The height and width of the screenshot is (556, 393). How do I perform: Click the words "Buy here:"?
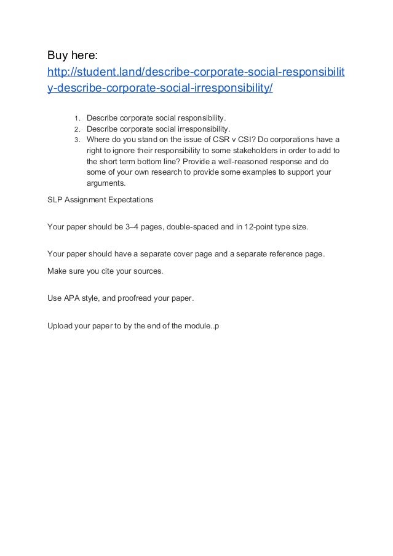pyautogui.click(x=73, y=57)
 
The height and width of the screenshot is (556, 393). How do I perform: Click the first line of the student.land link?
pyautogui.click(x=196, y=74)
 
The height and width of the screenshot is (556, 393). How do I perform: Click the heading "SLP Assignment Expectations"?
pyautogui.click(x=100, y=200)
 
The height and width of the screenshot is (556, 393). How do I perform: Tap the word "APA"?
pyautogui.click(x=73, y=298)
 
